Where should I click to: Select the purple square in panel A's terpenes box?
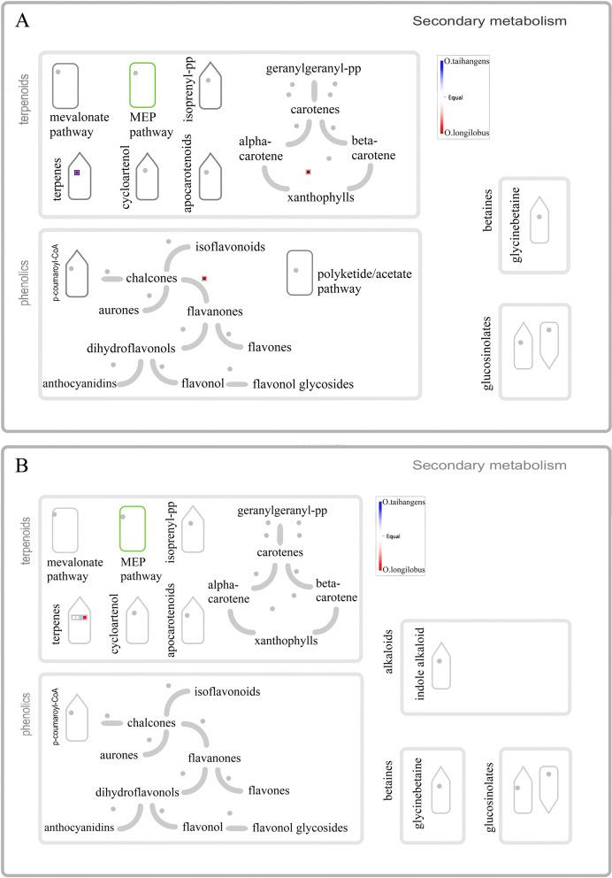(77, 173)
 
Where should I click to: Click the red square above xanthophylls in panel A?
(308, 171)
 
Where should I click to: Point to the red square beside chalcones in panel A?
(204, 279)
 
